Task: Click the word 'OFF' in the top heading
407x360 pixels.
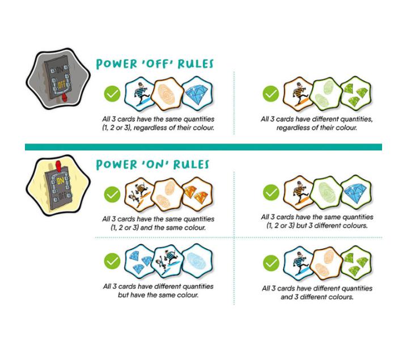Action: coord(158,64)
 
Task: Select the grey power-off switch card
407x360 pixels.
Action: coord(58,79)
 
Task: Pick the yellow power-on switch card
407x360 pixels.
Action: coord(58,185)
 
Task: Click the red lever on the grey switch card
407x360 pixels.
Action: coord(65,98)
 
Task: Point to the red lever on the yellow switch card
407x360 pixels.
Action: coord(59,166)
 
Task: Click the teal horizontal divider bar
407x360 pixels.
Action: coord(203,147)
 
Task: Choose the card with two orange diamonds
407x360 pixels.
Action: coord(197,194)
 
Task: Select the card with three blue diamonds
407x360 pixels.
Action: coord(139,261)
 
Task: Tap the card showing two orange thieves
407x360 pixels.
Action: coord(140,194)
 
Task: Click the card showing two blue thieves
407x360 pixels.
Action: coord(168,261)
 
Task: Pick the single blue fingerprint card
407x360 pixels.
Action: coord(197,261)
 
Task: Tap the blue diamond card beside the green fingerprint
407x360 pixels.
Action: coord(356,192)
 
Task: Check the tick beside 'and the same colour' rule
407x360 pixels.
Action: coord(112,194)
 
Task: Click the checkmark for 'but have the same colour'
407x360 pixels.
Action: coord(112,261)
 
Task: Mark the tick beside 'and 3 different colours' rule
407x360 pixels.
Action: coord(272,262)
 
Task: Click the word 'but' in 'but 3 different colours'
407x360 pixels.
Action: coord(302,225)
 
